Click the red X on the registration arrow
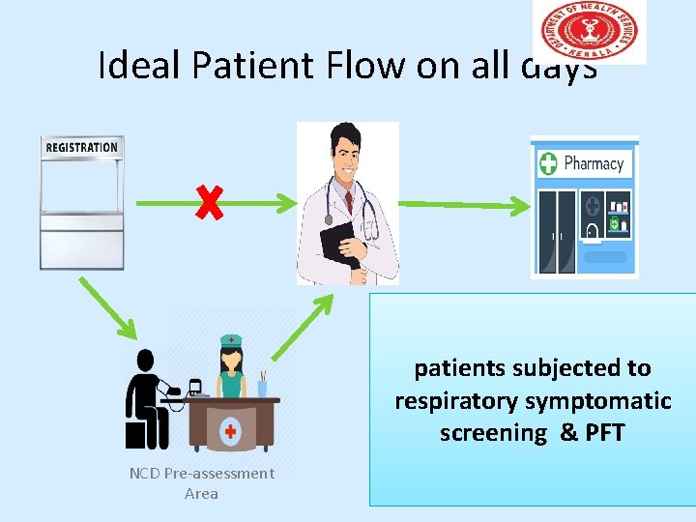coord(208,202)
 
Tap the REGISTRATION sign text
coord(82,148)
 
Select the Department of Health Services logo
coord(588,31)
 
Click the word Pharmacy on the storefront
coord(594,163)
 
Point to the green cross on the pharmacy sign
coord(548,163)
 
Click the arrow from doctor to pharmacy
coord(464,204)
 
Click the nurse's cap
coord(231,341)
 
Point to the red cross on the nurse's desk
coord(230,430)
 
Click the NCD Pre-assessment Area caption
coord(202,483)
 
